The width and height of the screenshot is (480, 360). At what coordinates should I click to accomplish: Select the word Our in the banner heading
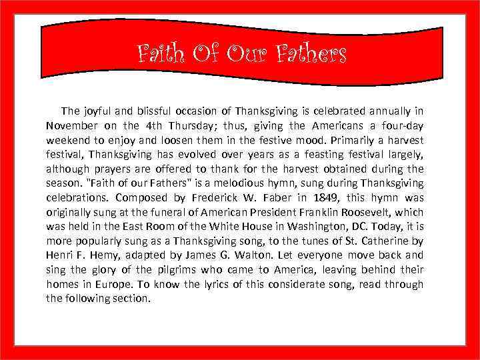pyautogui.click(x=247, y=53)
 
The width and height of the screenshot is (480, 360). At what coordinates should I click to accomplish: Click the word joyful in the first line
pyautogui.click(x=101, y=111)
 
